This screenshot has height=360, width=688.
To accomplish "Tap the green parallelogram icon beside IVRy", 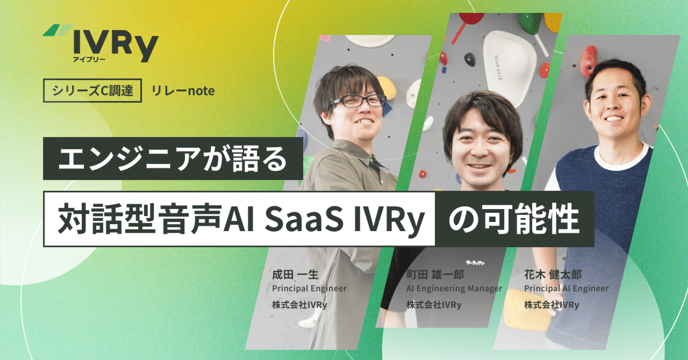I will pos(58,31).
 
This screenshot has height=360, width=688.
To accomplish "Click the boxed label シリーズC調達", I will pos(92,91).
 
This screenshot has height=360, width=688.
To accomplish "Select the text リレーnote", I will pos(183,91).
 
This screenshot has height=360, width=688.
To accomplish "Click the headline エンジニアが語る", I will pos(173,159).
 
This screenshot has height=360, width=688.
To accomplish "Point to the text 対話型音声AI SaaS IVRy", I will pos(239,219).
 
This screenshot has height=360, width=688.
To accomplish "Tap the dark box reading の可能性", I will pos(514,219).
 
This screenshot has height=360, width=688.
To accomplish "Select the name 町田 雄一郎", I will pos(435,275).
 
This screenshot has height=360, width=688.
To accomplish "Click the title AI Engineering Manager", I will pos(454,289).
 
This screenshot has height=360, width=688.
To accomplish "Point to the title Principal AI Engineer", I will pos(566,289).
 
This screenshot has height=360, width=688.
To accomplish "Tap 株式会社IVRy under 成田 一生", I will pos(300,305).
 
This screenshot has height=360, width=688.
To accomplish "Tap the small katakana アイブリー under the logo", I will pos(89,59).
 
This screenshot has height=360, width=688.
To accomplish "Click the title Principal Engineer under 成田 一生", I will pos(309,289).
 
